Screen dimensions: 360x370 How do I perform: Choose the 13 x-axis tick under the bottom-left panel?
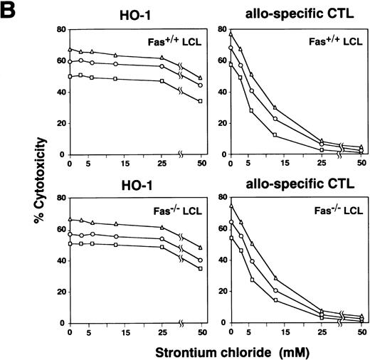pyautogui.click(x=117, y=332)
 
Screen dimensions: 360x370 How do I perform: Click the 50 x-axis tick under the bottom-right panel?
pyautogui.click(x=361, y=332)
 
